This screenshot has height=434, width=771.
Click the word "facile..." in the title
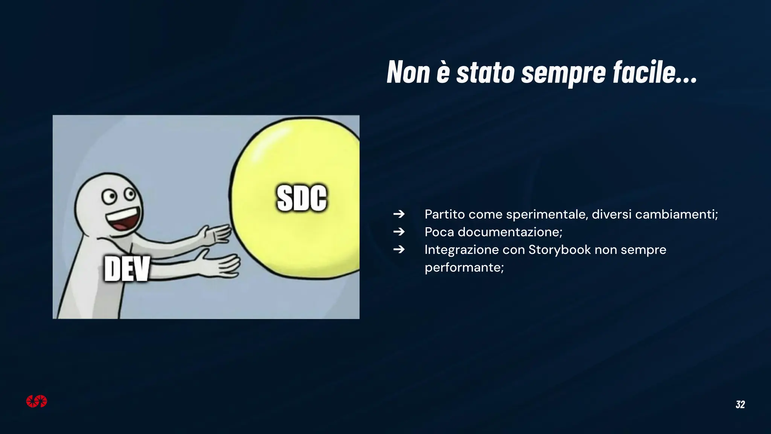pos(655,72)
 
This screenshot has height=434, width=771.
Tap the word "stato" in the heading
pos(485,72)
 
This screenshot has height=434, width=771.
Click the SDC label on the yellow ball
pos(302,198)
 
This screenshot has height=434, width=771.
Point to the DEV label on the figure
pos(127,269)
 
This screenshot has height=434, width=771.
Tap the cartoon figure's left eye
pos(109,197)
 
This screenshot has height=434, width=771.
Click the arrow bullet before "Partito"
pos(399,214)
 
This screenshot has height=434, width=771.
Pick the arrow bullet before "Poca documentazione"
pos(399,232)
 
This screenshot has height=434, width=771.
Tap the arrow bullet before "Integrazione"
pos(399,249)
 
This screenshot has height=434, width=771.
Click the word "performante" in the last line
pos(463,267)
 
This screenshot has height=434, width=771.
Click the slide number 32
pos(740,405)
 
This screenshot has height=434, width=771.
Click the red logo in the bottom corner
pos(37,402)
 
